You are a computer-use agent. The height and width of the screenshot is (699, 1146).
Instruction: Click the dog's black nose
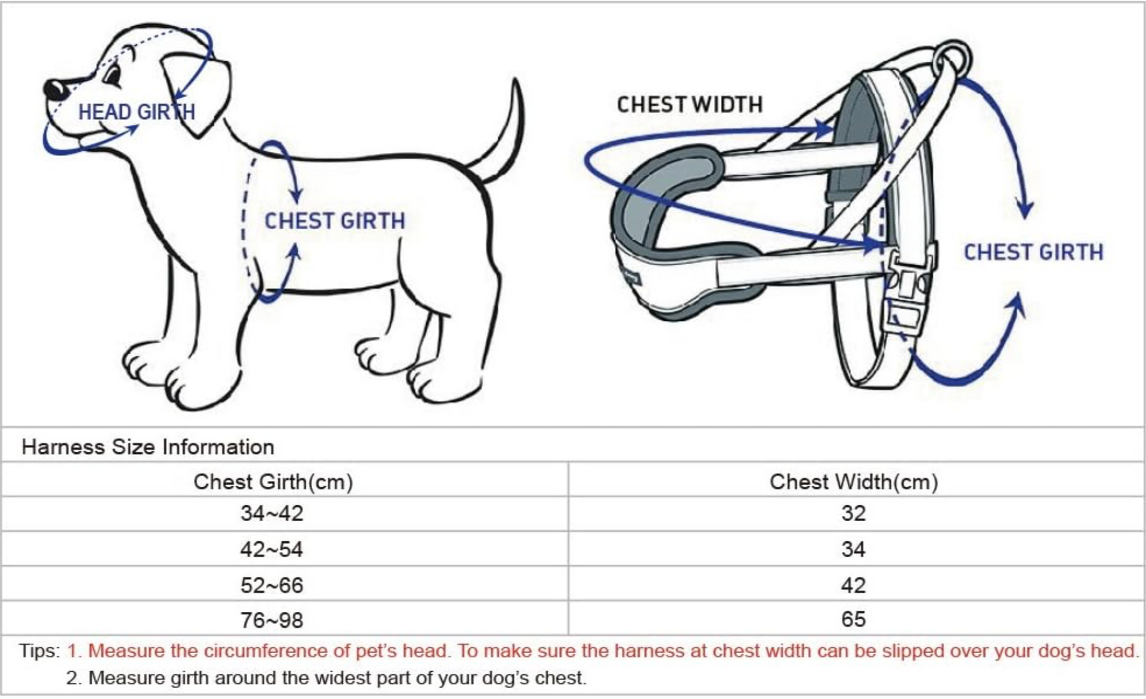tap(55, 90)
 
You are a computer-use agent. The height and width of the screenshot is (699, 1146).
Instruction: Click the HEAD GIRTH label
tap(137, 112)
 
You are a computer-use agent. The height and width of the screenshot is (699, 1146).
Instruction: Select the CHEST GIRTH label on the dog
tap(334, 221)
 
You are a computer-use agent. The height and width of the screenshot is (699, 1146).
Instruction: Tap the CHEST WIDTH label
tap(690, 105)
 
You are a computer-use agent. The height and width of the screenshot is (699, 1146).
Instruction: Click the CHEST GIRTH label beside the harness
tap(1033, 252)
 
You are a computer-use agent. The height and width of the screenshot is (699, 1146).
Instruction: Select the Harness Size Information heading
tap(148, 447)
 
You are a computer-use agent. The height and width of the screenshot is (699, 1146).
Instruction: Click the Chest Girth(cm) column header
tap(273, 482)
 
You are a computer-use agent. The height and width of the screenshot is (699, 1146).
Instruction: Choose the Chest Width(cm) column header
tap(853, 482)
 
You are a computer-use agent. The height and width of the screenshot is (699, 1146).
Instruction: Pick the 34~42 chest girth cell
tap(271, 514)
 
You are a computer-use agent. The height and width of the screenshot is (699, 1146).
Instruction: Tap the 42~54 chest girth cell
tap(271, 549)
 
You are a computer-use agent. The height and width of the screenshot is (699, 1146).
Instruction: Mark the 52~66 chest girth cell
tap(271, 585)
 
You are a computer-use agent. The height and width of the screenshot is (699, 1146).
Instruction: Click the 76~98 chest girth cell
tap(271, 620)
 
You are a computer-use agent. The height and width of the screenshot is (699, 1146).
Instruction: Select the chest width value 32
tap(853, 514)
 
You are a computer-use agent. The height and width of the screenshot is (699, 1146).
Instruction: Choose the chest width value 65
tap(853, 619)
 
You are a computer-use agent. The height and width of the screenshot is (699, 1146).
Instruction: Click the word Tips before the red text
tap(39, 651)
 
